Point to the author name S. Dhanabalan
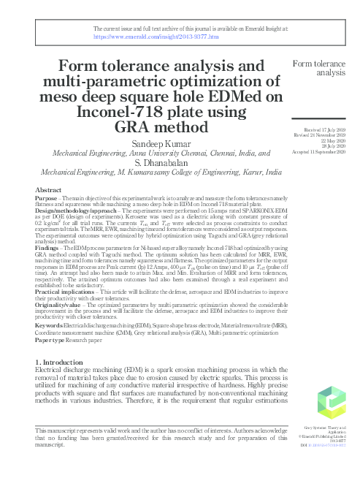(x=158, y=164)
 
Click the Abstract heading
(x=49, y=189)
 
